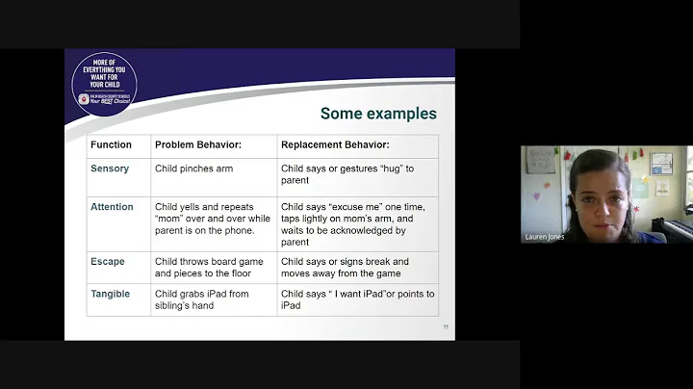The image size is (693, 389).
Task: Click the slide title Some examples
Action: tap(378, 114)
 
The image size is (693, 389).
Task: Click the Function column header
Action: tap(111, 145)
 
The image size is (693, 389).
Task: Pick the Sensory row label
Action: tap(109, 169)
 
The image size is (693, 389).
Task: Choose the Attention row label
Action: tap(113, 207)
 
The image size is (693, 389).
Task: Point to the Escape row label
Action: tap(108, 261)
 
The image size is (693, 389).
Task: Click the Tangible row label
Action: tap(111, 294)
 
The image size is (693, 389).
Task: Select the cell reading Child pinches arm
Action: tap(194, 169)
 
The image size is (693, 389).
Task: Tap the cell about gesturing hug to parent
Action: tap(346, 175)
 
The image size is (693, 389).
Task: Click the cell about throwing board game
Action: tap(209, 267)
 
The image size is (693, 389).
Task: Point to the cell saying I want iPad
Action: tap(357, 299)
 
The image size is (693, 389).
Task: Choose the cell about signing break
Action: tap(345, 267)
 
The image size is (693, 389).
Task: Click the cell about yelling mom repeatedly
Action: tap(212, 219)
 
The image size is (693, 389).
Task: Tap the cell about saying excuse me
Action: tap(352, 224)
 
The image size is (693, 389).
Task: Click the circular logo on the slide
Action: tap(104, 83)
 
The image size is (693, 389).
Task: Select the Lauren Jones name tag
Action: tap(544, 237)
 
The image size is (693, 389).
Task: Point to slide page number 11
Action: tap(446, 327)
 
